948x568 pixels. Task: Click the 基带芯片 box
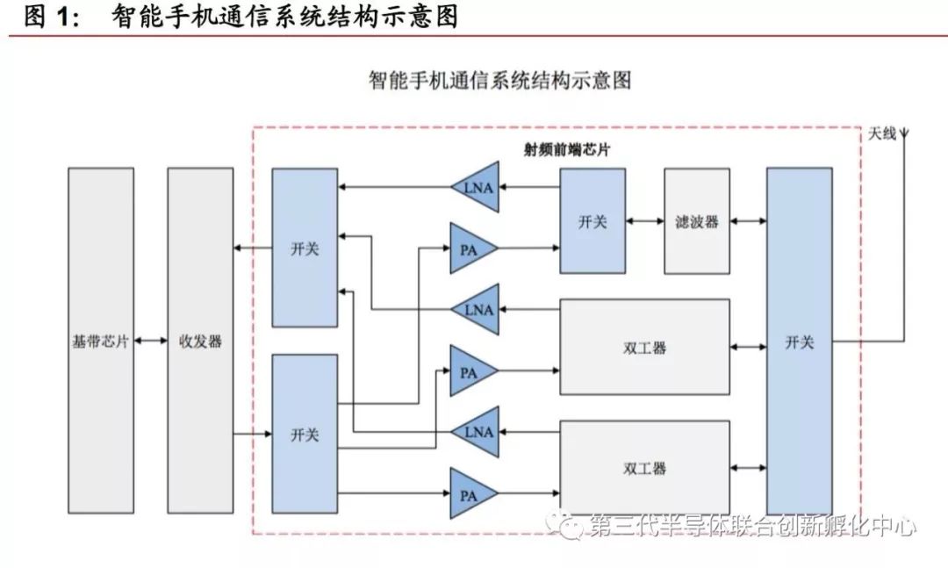[x=101, y=341]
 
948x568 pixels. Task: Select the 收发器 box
[x=200, y=341]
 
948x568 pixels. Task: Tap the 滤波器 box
[x=697, y=221]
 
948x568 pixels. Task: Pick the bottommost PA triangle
[x=470, y=493]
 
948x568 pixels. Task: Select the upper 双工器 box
[x=644, y=347]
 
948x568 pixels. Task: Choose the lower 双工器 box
[x=644, y=468]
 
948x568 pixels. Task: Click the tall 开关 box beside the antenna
[x=799, y=341]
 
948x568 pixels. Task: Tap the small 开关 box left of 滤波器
[x=592, y=221]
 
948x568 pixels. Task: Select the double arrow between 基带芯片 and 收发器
[x=151, y=341]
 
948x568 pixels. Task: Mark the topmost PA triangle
[x=470, y=248]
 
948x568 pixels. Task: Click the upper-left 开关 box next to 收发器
[x=305, y=248]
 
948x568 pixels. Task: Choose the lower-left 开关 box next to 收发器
[x=305, y=434]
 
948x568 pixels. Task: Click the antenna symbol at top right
[x=905, y=134]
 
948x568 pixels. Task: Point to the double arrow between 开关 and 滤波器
[x=645, y=222]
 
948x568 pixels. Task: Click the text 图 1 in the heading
[x=51, y=17]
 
